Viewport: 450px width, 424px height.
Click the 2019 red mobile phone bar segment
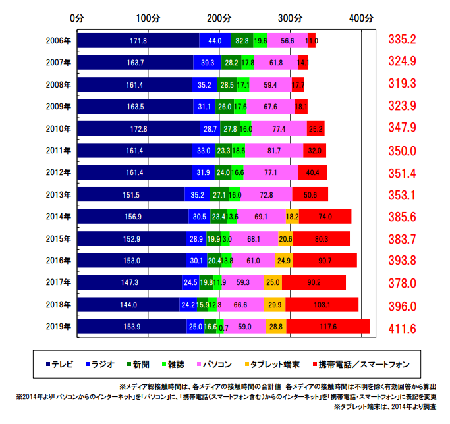coord(327,326)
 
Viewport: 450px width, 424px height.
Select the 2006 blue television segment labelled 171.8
coord(138,41)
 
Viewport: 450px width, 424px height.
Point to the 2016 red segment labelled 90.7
coord(324,260)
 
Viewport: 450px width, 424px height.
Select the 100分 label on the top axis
coord(149,18)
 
